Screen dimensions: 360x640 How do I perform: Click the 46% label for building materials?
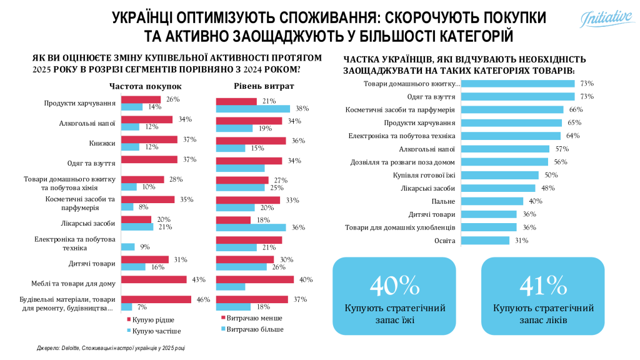[x=203, y=299]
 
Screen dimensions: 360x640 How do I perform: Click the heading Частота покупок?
[x=146, y=86]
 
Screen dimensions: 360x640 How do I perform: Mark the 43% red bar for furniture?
[x=154, y=279]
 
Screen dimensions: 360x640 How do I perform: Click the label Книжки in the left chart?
[x=102, y=143]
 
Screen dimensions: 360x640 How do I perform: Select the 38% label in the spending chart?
[x=302, y=108]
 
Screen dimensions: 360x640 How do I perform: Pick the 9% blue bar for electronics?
[x=128, y=246]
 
